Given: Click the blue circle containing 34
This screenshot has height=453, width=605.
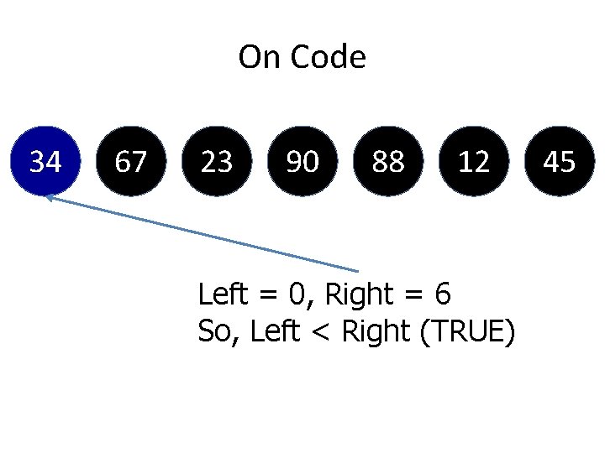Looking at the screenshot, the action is pos(45,161).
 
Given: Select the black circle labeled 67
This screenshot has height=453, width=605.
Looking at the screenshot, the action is pos(130,161).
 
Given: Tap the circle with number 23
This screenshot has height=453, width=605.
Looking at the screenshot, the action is pos(217,161).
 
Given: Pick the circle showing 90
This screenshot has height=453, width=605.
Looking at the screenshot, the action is pos(302,161).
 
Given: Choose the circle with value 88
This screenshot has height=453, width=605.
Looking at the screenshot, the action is pos(388,161).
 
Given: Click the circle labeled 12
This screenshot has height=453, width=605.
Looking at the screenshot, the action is pos(474,161).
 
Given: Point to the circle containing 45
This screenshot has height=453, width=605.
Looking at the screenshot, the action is pos(560,161).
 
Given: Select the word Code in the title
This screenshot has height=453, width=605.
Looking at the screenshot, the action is pos(329,58).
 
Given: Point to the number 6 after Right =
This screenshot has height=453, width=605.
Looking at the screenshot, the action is pos(443,294).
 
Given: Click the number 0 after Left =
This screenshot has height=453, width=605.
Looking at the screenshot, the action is pos(296,294).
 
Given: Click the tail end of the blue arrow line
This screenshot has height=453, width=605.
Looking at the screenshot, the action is pos(359,270).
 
